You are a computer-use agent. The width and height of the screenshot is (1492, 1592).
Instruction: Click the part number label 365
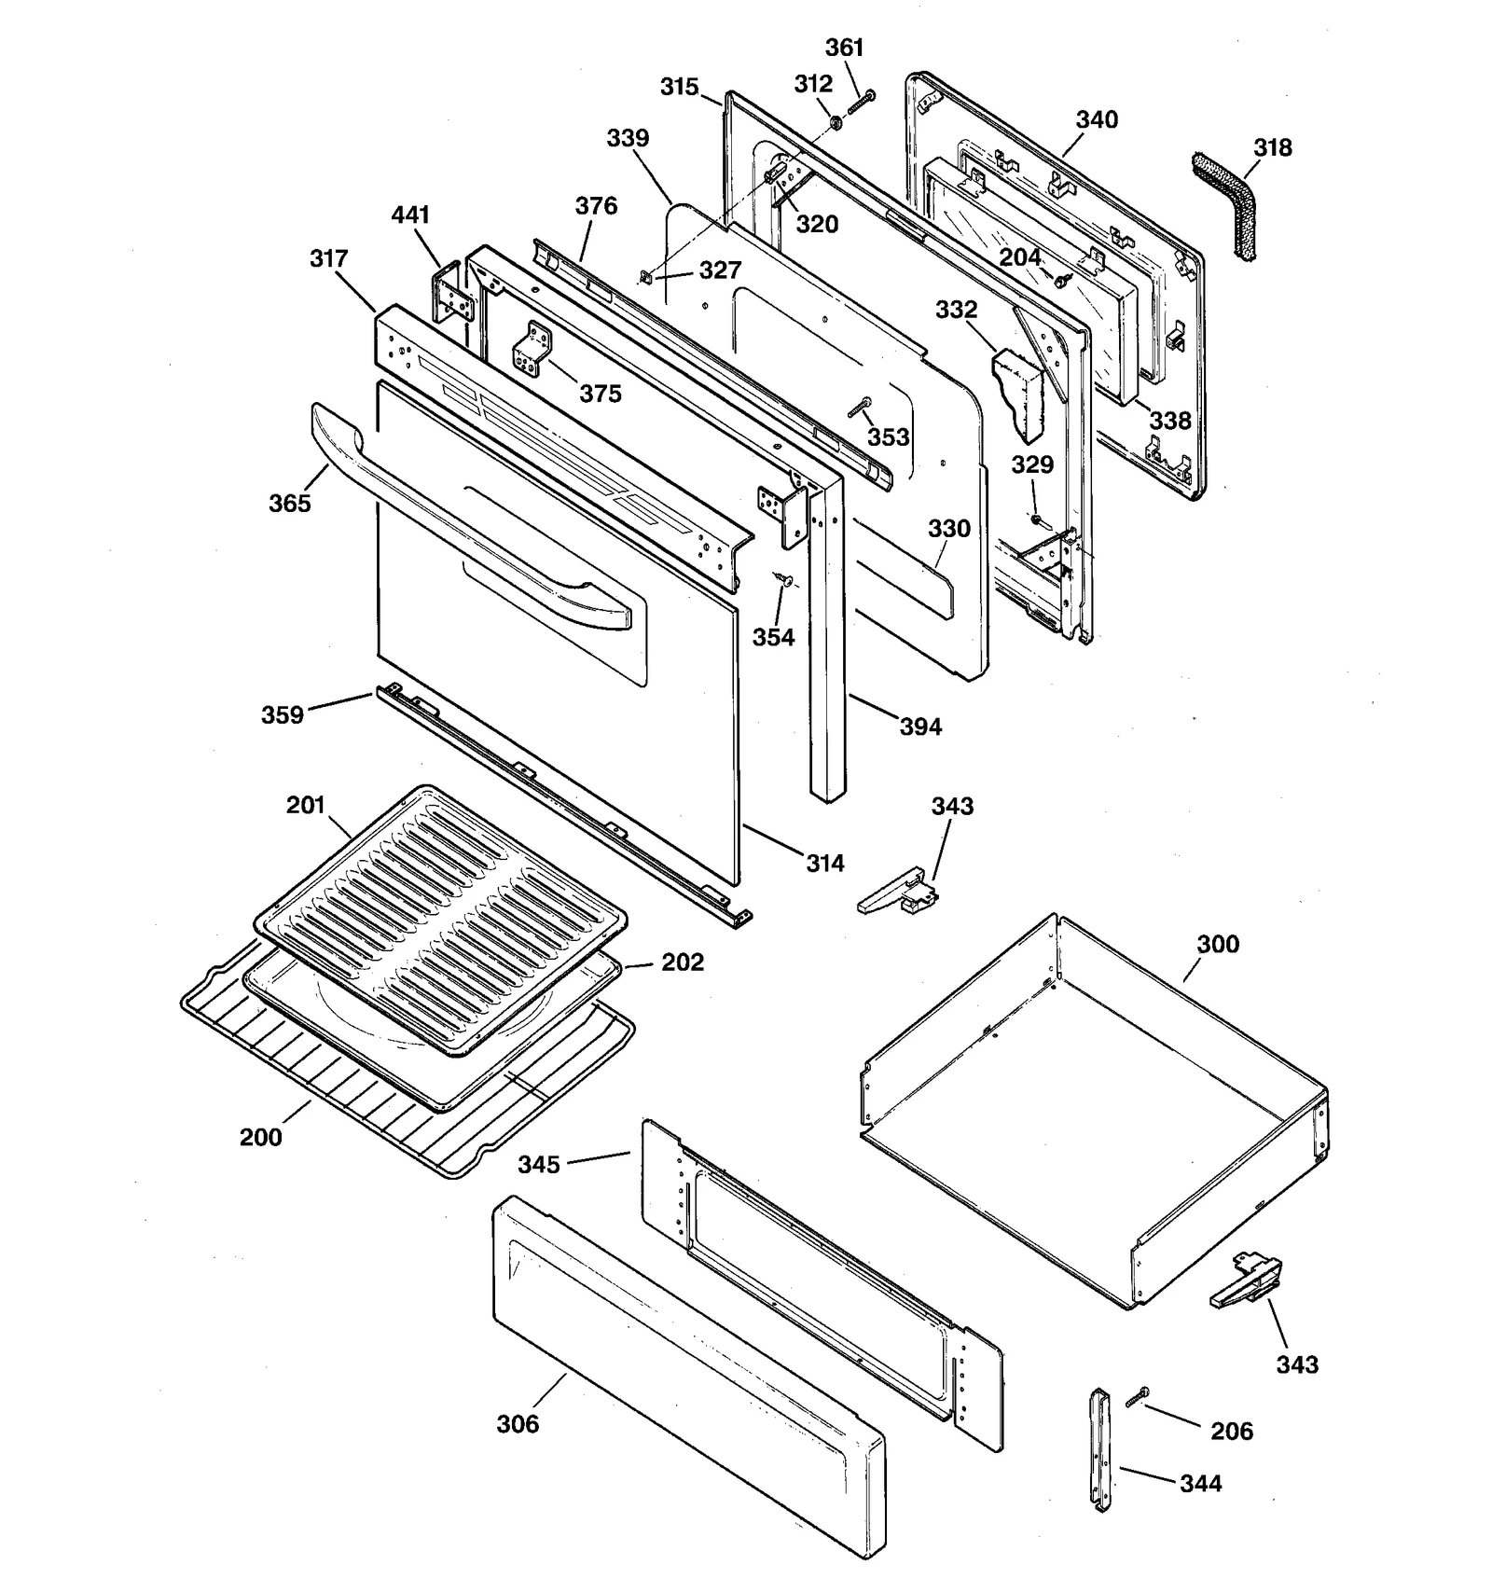(x=289, y=504)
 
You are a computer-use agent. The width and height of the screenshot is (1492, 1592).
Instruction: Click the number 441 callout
(x=410, y=215)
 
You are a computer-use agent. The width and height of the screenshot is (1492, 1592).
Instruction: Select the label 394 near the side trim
(x=920, y=727)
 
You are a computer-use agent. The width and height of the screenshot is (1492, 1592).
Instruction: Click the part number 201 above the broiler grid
(x=305, y=805)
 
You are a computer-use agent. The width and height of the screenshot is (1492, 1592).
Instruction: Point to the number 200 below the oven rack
(x=260, y=1137)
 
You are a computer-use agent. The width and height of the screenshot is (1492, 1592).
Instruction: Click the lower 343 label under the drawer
(x=1297, y=1364)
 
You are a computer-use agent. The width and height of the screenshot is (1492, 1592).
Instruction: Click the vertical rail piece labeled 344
(x=1101, y=1449)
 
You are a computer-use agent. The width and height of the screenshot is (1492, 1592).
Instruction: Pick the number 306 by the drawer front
(x=518, y=1424)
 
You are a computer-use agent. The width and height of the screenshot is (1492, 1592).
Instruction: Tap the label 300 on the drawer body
(x=1218, y=944)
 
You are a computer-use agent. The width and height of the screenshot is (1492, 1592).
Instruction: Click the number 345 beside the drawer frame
(x=539, y=1164)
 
